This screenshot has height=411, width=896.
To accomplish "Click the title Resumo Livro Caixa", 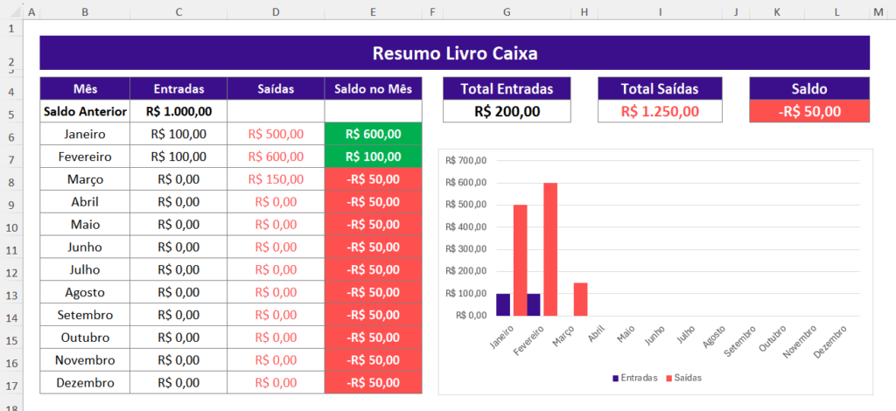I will tap(454, 53).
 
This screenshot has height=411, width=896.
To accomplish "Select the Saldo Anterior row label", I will tap(85, 112).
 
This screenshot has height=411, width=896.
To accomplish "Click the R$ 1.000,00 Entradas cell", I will tap(178, 112).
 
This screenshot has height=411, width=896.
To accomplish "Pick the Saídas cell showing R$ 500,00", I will tap(276, 135).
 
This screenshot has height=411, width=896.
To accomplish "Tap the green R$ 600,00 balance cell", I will tap(373, 135).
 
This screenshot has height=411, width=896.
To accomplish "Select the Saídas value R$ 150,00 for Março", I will tap(276, 179).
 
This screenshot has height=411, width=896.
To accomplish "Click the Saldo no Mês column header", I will tap(373, 89).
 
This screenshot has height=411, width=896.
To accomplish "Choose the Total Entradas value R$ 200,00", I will tap(507, 112).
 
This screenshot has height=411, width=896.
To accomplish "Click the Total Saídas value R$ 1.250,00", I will tap(661, 112).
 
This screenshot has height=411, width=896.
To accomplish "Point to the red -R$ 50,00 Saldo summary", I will tap(809, 112).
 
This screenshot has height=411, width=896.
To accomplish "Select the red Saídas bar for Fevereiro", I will tap(550, 249).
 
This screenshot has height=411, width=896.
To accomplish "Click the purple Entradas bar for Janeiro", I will tap(503, 304).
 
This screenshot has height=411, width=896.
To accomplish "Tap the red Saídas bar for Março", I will tap(581, 299).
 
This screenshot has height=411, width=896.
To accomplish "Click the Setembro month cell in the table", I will tap(85, 315).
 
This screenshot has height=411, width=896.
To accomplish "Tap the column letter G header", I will tap(507, 12).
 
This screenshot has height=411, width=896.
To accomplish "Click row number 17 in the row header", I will tap(10, 383).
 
